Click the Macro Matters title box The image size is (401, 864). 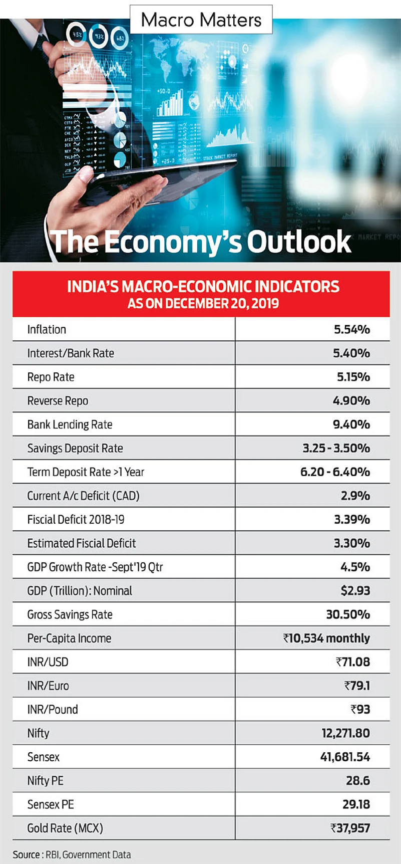click(x=201, y=20)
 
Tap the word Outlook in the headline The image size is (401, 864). click(x=299, y=242)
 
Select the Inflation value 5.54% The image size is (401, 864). click(x=351, y=329)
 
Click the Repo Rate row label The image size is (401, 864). click(x=51, y=377)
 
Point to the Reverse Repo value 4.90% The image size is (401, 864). click(x=351, y=400)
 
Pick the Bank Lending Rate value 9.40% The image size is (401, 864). click(x=351, y=424)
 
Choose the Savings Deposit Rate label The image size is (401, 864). click(x=75, y=448)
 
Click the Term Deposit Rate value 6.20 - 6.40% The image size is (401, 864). click(x=335, y=472)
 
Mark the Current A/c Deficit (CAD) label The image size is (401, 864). click(x=83, y=496)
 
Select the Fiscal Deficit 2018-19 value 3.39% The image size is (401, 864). click(x=351, y=519)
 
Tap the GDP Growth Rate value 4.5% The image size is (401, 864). click(x=355, y=567)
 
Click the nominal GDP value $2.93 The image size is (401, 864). click(x=355, y=590)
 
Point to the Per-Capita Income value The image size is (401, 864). click(x=326, y=638)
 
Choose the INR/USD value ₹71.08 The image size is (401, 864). click(x=352, y=662)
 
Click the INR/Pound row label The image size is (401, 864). click(x=53, y=709)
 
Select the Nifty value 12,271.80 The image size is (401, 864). click(x=345, y=733)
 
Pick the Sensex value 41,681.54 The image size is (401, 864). click(x=345, y=757)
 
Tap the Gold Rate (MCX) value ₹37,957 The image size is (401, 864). click(x=350, y=828)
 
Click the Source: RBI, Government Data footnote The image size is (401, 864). click(x=72, y=854)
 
